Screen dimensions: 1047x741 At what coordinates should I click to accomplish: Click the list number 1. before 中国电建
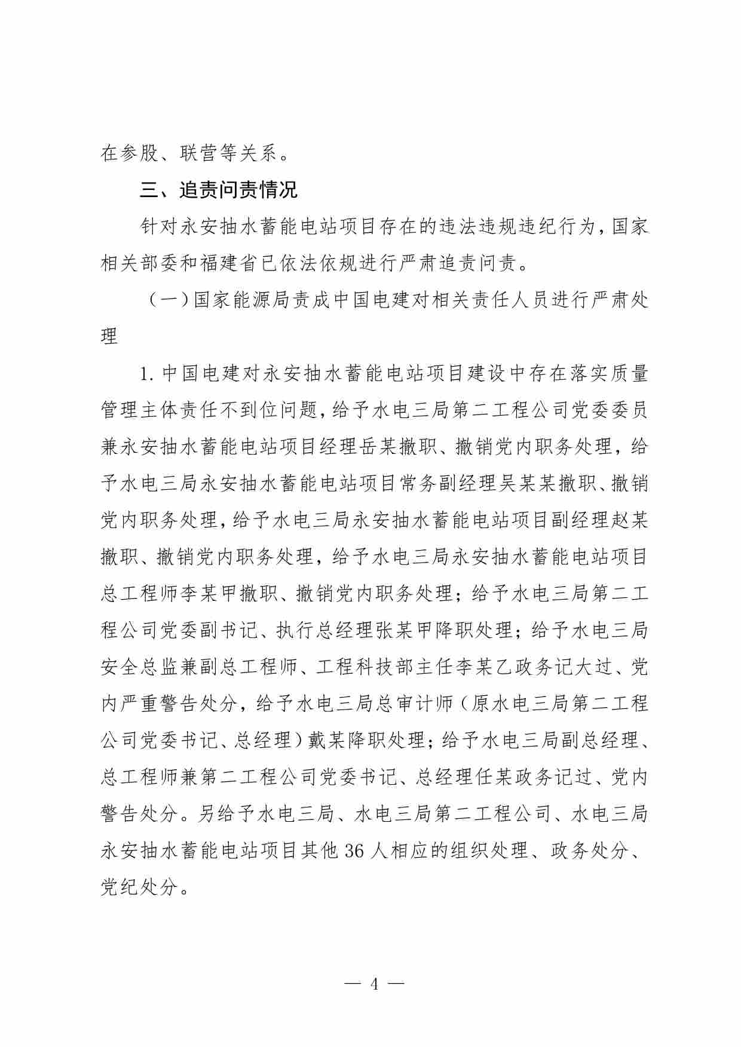tap(147, 374)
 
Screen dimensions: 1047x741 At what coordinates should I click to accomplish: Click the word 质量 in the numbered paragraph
tap(629, 374)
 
